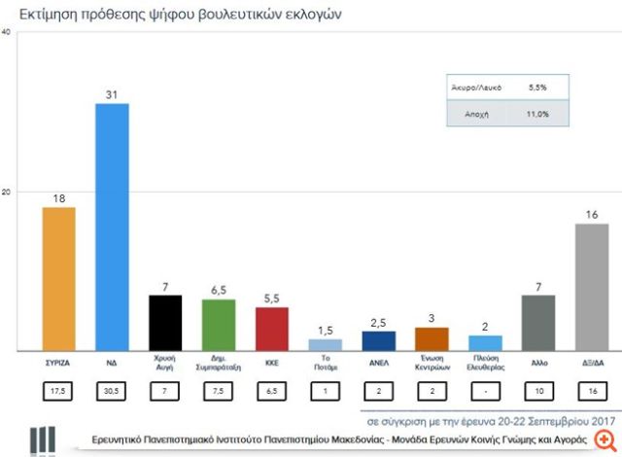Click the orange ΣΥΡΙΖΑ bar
[58, 278]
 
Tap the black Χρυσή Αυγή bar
[165, 322]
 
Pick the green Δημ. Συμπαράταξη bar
[219, 324]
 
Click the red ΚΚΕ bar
[272, 329]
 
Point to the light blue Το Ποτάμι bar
[325, 344]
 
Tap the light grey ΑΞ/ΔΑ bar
[592, 287]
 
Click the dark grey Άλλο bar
[538, 322]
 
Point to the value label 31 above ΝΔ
[112, 93]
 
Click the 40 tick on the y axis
[7, 32]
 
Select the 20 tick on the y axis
[7, 192]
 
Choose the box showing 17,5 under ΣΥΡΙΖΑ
[58, 391]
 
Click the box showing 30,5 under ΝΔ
[112, 391]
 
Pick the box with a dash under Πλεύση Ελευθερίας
[485, 391]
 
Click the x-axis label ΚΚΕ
[272, 360]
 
